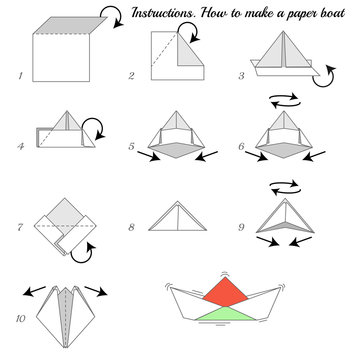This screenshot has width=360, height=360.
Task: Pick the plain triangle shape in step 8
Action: point(172,218)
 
